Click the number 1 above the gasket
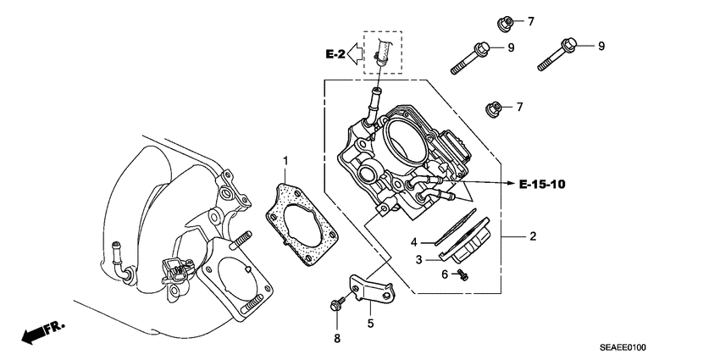[x=286, y=160]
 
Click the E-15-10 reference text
[x=541, y=182]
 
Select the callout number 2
[x=533, y=236]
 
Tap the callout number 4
[x=415, y=242]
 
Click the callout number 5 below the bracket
[x=369, y=323]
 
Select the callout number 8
[x=336, y=340]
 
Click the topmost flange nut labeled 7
[x=502, y=20]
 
